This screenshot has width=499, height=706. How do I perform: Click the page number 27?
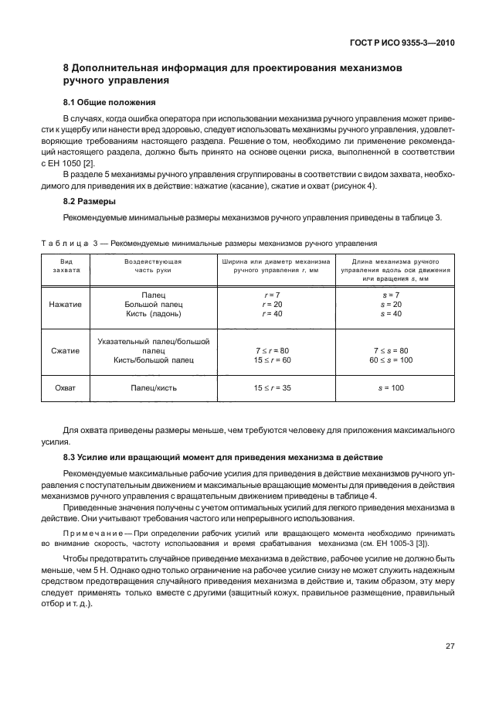[450, 646]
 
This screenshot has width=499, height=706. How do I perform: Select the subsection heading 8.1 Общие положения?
[109, 102]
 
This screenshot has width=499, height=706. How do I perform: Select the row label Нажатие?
[66, 305]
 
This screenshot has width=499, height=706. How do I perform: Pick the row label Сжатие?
[66, 350]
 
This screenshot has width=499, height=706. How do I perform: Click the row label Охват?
[66, 387]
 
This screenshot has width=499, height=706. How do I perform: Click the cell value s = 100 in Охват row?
[392, 387]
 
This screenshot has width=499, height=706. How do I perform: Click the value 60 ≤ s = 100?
[392, 360]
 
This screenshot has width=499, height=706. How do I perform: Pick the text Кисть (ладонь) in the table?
[153, 314]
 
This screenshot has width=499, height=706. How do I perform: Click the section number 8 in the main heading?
[66, 67]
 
